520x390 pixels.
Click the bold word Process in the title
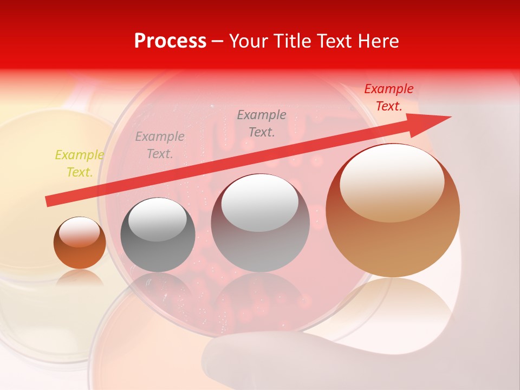170,41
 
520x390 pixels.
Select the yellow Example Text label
79,164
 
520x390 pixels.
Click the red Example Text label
388,97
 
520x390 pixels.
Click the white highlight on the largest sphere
392,183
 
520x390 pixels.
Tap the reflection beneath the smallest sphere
80,279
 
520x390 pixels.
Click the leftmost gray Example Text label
160,145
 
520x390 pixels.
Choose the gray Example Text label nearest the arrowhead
262,123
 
